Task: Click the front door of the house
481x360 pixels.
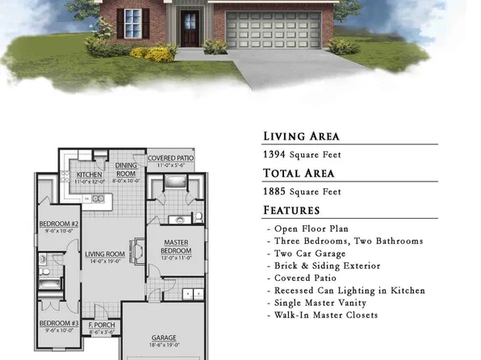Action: [190, 27]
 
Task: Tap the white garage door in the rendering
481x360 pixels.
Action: [266, 31]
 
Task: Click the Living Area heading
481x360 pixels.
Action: [301, 136]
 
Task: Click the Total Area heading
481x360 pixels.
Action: [298, 174]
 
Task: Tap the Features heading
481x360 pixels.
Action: [291, 211]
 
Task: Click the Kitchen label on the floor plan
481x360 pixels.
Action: [88, 174]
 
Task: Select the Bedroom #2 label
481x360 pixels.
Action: [58, 224]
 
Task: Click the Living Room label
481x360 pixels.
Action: [105, 254]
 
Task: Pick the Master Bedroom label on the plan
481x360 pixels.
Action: [176, 246]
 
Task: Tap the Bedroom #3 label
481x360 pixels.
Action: [58, 324]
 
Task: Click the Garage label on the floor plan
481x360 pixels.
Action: [164, 337]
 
